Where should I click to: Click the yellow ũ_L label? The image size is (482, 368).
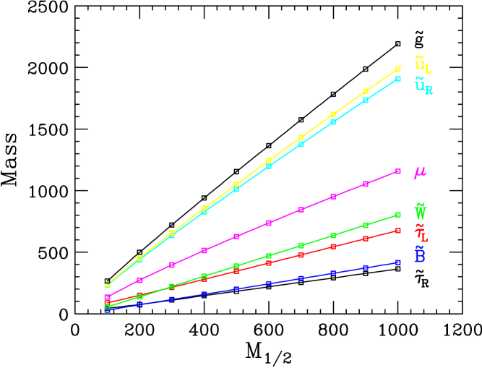422,64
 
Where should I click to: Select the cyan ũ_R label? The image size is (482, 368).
423,87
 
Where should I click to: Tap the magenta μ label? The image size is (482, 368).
419,173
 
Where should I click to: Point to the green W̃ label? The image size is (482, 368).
420,212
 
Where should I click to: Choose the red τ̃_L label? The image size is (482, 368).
421,234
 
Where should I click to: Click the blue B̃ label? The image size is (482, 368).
419,254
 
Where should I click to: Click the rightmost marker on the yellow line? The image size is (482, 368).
397,69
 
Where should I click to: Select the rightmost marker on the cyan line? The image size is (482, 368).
397,79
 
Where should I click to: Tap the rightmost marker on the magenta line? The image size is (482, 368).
397,171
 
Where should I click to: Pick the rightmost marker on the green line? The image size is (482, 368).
397,215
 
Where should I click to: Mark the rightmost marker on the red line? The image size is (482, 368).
397,231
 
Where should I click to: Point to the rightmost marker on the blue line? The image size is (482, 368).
397,262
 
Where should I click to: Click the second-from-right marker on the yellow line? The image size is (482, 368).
366,91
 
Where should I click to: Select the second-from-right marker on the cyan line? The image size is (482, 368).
366,100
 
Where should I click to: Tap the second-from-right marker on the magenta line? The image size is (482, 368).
366,184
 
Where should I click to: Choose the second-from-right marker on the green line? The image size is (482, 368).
366,225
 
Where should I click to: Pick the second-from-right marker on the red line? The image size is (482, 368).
366,239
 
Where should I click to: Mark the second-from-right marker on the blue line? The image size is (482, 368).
366,268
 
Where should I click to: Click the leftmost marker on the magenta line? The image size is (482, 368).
107,297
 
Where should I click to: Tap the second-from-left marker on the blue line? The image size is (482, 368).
139,304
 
